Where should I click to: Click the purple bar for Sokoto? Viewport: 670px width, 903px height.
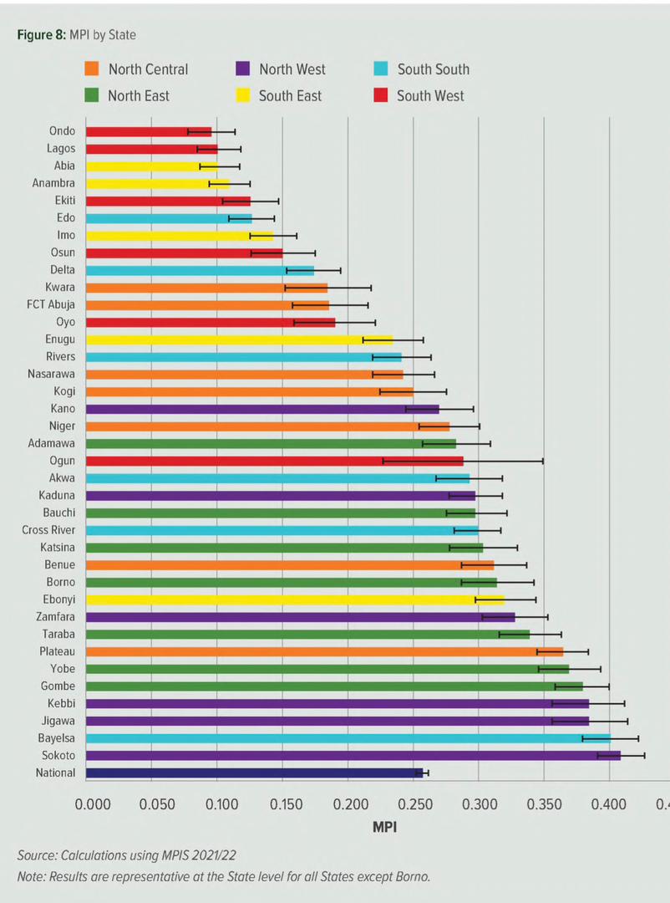(x=351, y=756)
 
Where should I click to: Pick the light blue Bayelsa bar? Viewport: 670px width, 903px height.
(x=347, y=738)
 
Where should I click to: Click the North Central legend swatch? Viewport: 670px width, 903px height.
(x=93, y=69)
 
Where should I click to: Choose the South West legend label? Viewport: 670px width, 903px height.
(x=430, y=96)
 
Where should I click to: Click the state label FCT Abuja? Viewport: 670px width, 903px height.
(x=51, y=304)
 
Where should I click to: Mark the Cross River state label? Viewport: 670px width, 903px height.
(x=48, y=530)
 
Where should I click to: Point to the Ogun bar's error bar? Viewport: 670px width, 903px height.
(x=463, y=461)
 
